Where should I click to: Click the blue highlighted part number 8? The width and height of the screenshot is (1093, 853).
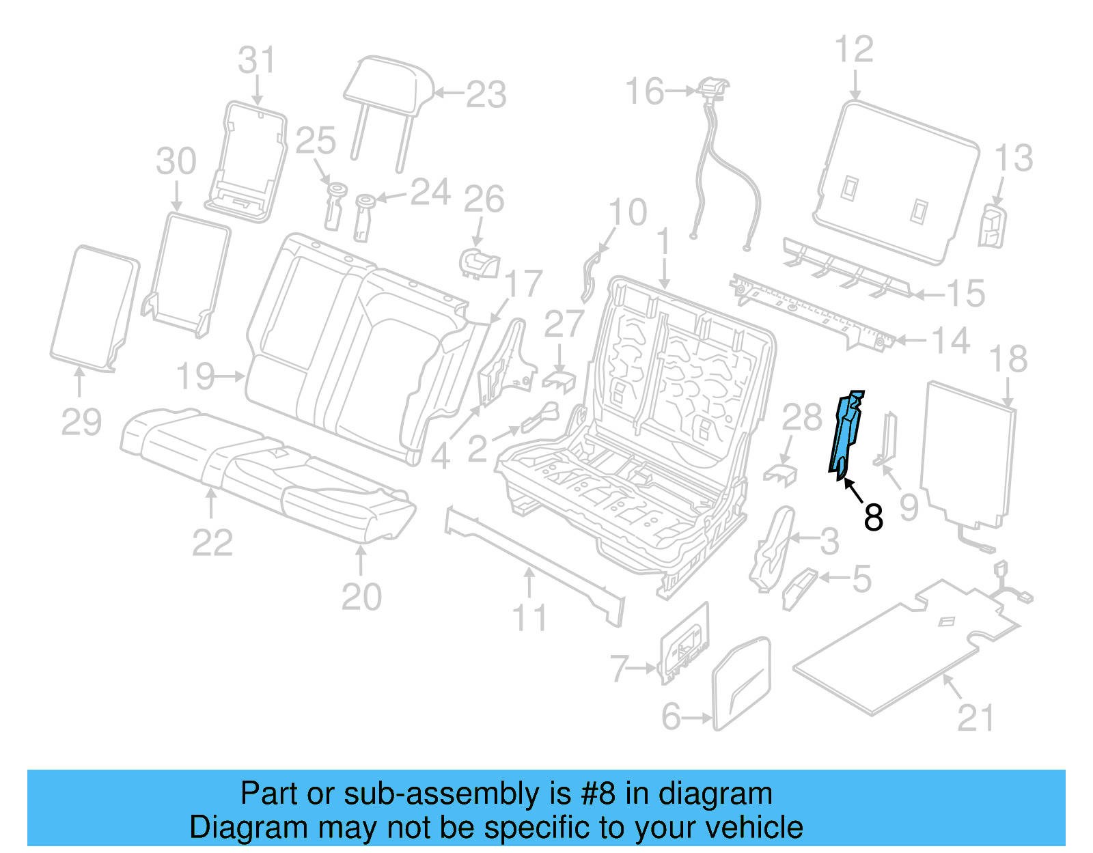(845, 434)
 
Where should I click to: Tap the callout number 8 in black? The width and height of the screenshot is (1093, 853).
(873, 518)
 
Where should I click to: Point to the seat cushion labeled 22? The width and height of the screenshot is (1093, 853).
(205, 444)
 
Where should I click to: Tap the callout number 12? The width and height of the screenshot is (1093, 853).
(854, 49)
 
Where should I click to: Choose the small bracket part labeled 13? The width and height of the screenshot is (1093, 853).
(992, 225)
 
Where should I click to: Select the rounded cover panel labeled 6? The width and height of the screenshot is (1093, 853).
(741, 683)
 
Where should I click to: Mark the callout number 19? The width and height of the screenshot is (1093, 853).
(196, 376)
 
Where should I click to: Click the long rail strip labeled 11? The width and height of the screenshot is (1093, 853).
(533, 560)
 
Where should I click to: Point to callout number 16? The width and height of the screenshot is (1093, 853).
(644, 91)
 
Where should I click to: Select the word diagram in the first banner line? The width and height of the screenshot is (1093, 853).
(715, 794)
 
